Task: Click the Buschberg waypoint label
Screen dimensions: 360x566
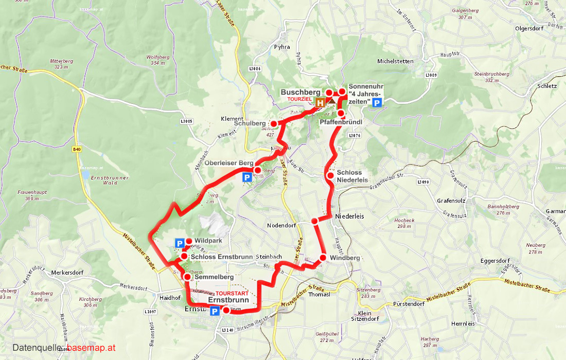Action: (x=300, y=92)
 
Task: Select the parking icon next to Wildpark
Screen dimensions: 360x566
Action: (x=180, y=243)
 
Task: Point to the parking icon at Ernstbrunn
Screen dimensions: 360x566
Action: (x=214, y=311)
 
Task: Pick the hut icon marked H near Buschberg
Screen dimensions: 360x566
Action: (x=320, y=103)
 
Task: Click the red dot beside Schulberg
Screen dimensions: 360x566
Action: (x=274, y=123)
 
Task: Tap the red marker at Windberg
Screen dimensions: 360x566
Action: (x=323, y=258)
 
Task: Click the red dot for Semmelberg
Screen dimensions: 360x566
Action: (x=187, y=277)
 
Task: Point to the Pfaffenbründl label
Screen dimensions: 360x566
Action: (x=341, y=122)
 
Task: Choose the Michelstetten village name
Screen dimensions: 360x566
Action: (x=395, y=61)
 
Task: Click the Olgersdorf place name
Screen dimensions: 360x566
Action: (x=529, y=28)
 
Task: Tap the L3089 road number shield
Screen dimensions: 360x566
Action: (x=431, y=76)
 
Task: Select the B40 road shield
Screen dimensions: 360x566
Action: (x=77, y=149)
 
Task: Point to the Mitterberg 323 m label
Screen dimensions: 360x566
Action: (x=61, y=64)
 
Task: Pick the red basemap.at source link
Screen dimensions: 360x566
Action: (x=91, y=348)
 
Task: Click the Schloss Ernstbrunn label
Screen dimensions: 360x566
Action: (x=221, y=257)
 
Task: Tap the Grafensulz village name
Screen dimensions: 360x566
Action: (x=451, y=201)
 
